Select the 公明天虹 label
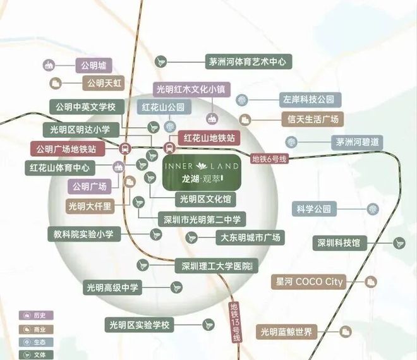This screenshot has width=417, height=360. [x=104, y=83]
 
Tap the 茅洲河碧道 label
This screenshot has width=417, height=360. [x=358, y=141]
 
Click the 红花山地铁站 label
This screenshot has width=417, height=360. [x=209, y=137]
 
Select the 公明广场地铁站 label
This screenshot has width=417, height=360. [x=66, y=149]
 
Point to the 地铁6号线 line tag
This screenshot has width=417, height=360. [x=269, y=159]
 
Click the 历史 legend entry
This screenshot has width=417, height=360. [x=37, y=315]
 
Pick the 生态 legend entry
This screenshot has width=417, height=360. [x=37, y=342]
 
